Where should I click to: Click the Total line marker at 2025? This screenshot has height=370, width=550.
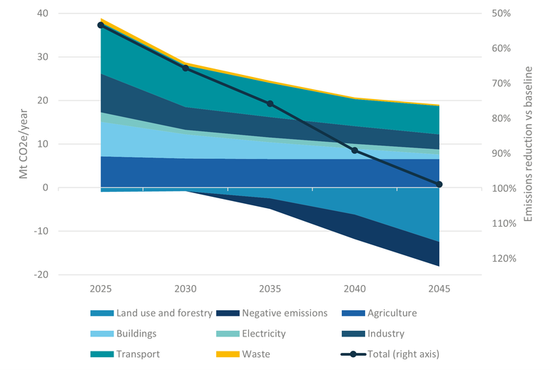pos(101,25)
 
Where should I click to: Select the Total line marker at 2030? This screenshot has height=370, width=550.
pos(185,68)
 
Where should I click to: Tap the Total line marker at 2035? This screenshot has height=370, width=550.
pos(270,103)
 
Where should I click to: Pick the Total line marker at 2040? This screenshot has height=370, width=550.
pos(355,150)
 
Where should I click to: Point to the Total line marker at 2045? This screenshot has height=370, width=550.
pos(439,185)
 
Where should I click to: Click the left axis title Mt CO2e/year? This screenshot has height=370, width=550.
pos(23,144)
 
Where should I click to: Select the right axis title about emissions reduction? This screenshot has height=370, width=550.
pos(529,144)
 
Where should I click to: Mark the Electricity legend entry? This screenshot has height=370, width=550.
pos(263,333)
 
